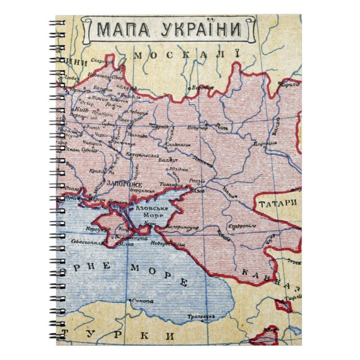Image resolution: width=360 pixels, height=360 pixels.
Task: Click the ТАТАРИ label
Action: coord(277,204)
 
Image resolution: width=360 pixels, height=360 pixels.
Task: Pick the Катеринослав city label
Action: coord(146,155)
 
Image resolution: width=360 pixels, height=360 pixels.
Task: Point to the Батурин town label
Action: coord(100,88)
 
